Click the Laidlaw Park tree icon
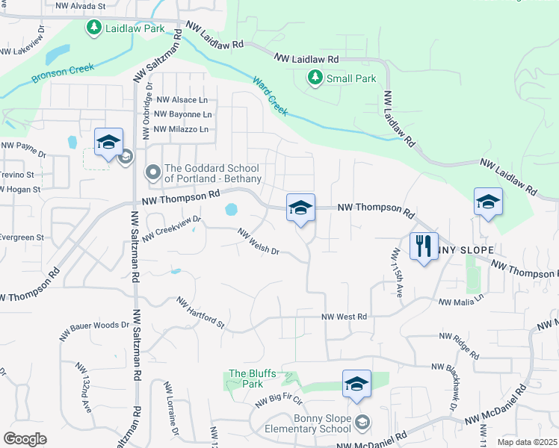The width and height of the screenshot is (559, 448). (93, 28)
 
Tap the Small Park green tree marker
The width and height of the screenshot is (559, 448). (315, 77)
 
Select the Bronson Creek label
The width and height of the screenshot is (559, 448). (63, 72)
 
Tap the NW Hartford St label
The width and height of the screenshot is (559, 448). (200, 313)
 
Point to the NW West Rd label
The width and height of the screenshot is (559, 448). (344, 317)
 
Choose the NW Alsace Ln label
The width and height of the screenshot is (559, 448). (182, 100)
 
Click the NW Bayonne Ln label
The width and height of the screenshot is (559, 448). (183, 115)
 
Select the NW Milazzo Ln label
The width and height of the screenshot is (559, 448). (180, 130)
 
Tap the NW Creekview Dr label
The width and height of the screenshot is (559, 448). (173, 228)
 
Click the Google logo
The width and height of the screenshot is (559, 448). (25, 438)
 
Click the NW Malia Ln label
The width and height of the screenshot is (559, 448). (461, 300)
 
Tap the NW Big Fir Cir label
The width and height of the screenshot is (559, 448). (279, 404)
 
